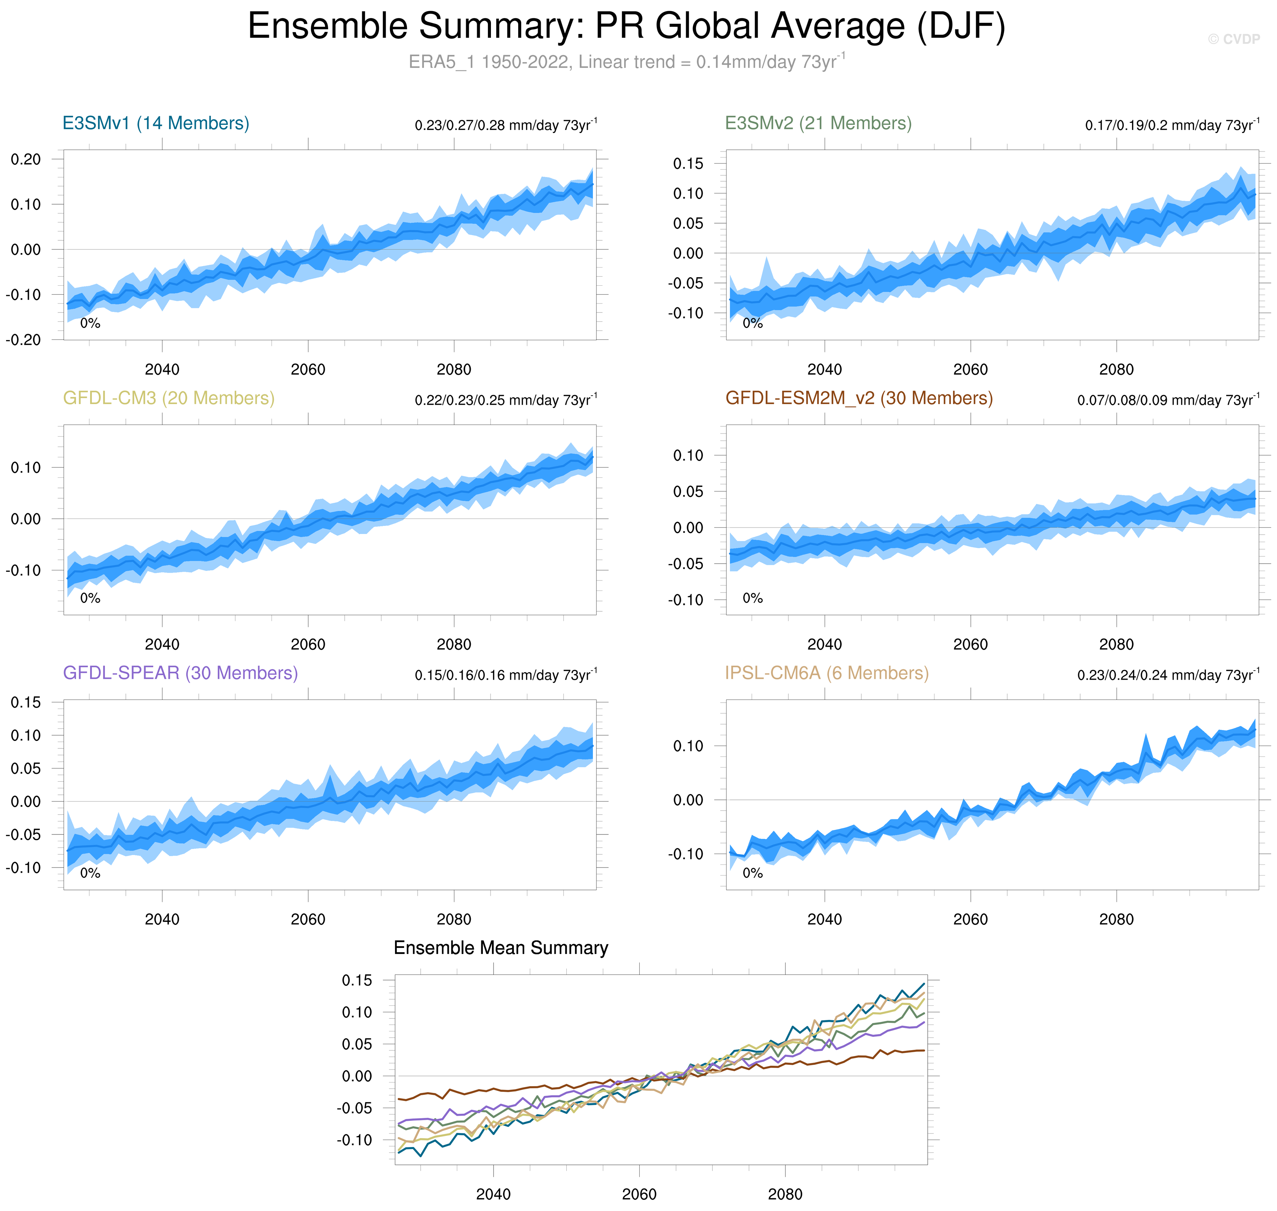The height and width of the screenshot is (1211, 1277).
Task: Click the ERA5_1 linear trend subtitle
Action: [626, 62]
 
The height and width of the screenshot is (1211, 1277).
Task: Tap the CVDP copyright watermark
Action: [1233, 39]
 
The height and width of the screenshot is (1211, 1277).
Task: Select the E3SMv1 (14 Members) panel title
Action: [155, 123]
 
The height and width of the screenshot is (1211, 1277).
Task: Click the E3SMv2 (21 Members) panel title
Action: [818, 123]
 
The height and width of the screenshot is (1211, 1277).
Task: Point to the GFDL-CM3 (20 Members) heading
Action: [169, 398]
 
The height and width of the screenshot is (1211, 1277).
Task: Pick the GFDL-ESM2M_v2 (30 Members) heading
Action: [859, 398]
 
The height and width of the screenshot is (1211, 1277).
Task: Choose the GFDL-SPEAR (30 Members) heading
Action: [180, 673]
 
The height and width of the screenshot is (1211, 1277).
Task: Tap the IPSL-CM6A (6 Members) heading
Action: [826, 673]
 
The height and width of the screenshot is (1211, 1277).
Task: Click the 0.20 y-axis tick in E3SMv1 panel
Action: [26, 159]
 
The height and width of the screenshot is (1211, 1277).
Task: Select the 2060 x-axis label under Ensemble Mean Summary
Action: [639, 1194]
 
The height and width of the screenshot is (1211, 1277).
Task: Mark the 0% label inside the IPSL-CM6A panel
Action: [753, 874]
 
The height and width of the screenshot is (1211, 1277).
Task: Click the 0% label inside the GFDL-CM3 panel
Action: [91, 598]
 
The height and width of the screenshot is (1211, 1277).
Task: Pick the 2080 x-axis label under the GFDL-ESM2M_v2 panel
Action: [1116, 644]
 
